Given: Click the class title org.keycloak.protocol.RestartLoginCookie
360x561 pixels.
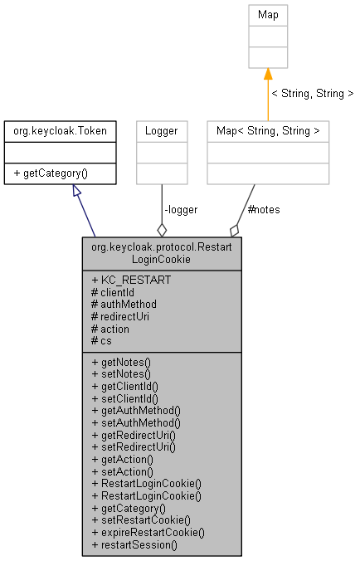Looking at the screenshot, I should pyautogui.click(x=162, y=253).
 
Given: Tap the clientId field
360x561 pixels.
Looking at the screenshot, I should pyautogui.click(x=116, y=292).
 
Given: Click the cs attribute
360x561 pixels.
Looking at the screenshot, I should pyautogui.click(x=105, y=340).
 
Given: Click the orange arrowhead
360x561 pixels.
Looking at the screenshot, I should pyautogui.click(x=268, y=75).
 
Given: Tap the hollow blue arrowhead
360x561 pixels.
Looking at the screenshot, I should pyautogui.click(x=76, y=190).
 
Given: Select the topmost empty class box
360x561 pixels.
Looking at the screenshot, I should pyautogui.click(x=268, y=36).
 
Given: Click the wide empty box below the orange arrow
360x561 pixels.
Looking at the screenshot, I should pyautogui.click(x=268, y=153).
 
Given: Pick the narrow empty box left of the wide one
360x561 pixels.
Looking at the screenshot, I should pyautogui.click(x=162, y=153).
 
